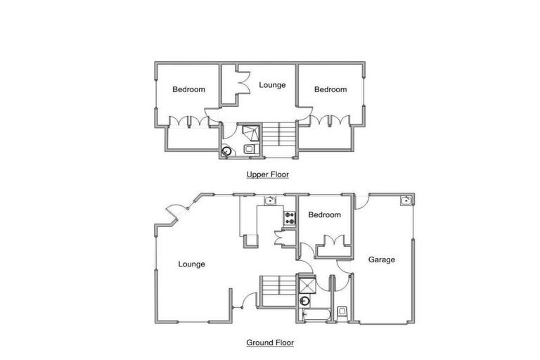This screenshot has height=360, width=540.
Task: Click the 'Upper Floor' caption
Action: tap(267, 174)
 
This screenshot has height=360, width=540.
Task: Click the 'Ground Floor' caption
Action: tap(270, 343)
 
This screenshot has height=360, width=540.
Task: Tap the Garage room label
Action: tap(382, 259)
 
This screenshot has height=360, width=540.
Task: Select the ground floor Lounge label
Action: tap(191, 264)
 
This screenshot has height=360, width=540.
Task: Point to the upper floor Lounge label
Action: tap(272, 85)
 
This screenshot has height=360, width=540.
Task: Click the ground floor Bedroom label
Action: tap(324, 214)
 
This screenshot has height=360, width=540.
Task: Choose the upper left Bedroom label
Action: tap(189, 89)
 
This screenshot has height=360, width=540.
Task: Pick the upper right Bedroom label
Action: tap(330, 89)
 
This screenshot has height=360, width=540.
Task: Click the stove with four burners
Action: tap(288, 217)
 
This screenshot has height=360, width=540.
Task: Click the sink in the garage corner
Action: tap(406, 201)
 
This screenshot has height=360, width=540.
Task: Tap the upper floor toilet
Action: tap(250, 149)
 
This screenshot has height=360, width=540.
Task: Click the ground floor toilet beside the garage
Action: tap(342, 311)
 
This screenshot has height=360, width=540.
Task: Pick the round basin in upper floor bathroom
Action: tap(227, 150)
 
